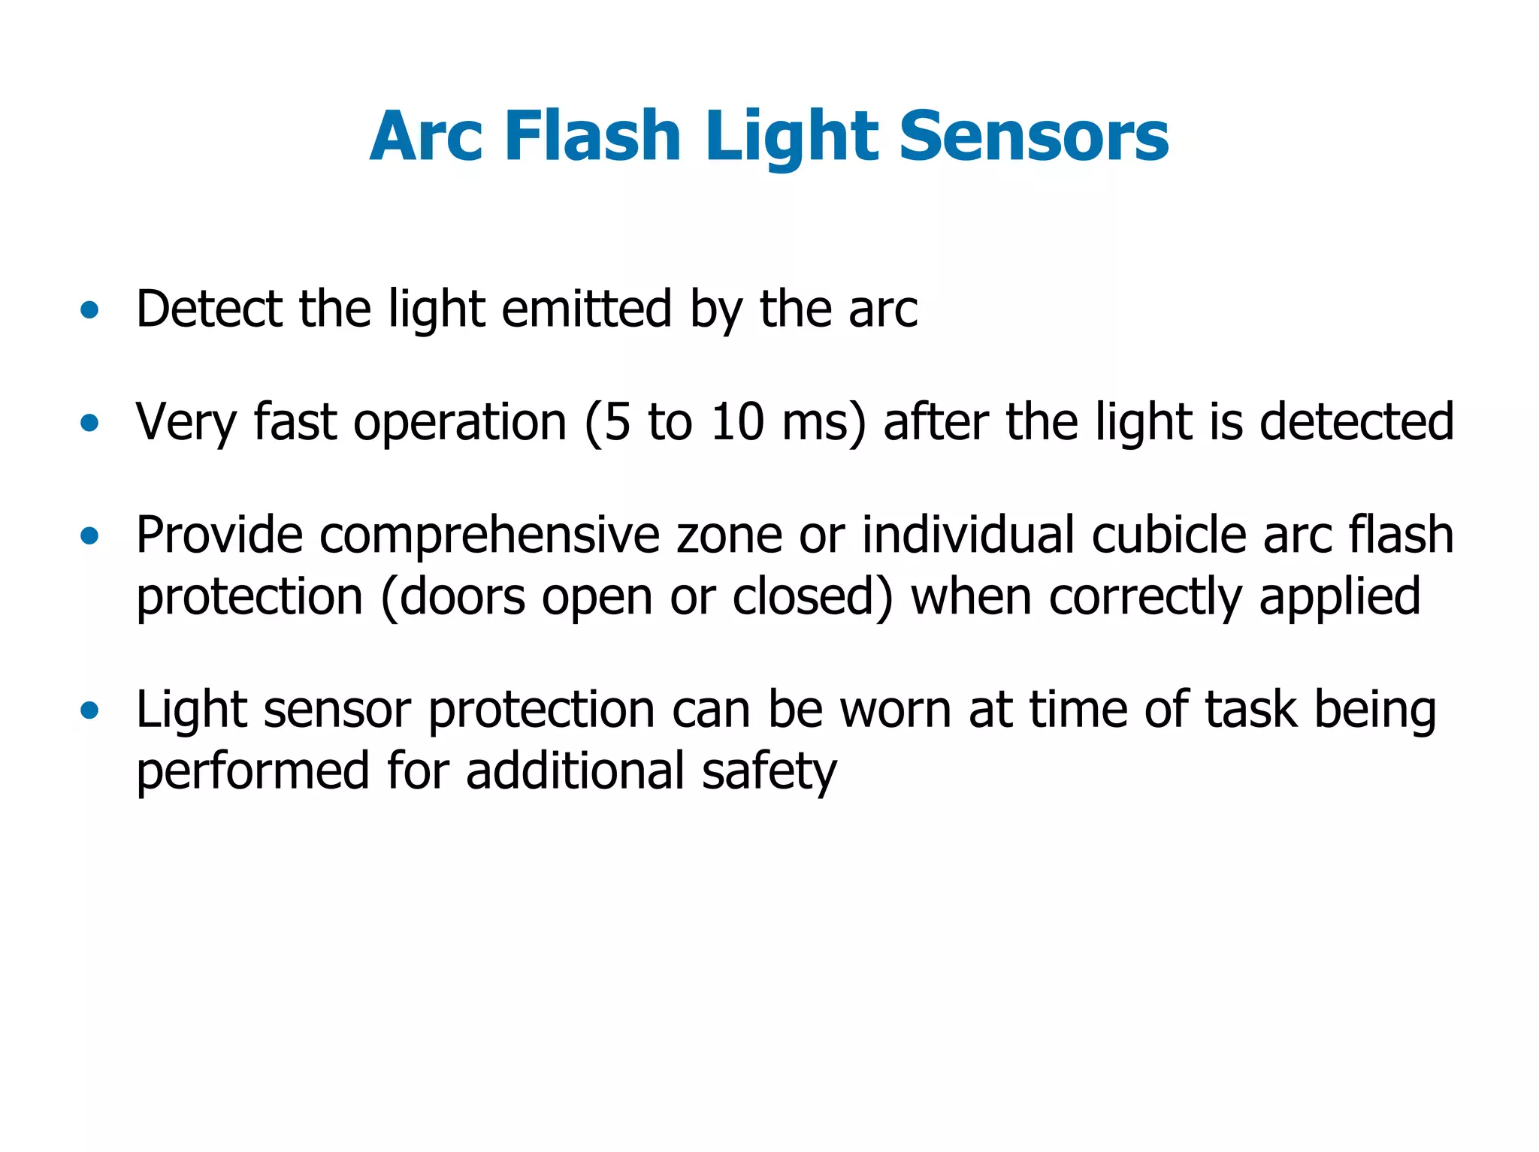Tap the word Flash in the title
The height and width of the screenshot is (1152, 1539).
point(593,137)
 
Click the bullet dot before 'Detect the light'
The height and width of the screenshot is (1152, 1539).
point(89,309)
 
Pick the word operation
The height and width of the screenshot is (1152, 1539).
point(460,423)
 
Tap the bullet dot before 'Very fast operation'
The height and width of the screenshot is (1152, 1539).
point(89,423)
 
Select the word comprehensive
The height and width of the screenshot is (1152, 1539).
point(489,536)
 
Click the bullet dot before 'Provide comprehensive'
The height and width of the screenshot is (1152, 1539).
point(89,536)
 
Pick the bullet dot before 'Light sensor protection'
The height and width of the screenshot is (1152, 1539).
point(89,710)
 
